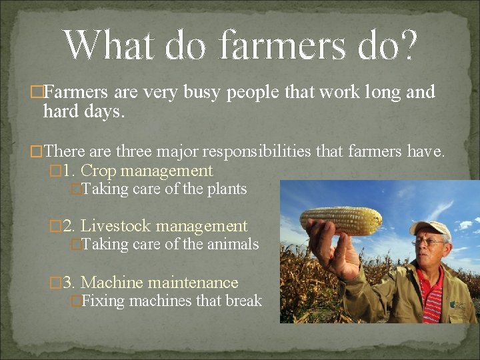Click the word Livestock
point(114,227)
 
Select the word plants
point(227,189)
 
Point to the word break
point(243,301)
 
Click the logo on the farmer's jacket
point(458,304)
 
